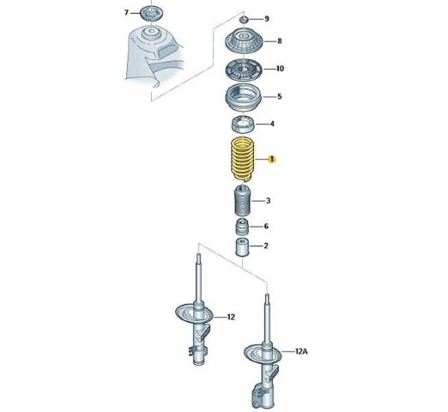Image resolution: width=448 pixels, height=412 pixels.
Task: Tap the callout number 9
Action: pyautogui.click(x=267, y=19)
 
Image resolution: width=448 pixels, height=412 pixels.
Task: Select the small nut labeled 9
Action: pyautogui.click(x=244, y=20)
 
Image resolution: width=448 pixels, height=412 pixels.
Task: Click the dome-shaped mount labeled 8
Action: pyautogui.click(x=244, y=41)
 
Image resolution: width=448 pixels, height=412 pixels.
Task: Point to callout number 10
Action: pyautogui.click(x=280, y=69)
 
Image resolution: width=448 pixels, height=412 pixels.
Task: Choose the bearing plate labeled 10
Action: pyautogui.click(x=244, y=70)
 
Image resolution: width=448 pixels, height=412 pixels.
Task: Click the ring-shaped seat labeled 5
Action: pyautogui.click(x=244, y=98)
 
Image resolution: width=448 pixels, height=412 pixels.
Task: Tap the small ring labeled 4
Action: pyautogui.click(x=243, y=124)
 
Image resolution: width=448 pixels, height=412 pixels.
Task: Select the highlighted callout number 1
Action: pyautogui.click(x=271, y=159)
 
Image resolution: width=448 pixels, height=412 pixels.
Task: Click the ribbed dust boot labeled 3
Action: pyautogui.click(x=243, y=201)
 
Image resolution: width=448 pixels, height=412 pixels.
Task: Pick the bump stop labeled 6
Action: pyautogui.click(x=242, y=227)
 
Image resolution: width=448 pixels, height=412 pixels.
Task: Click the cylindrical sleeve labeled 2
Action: pyautogui.click(x=242, y=247)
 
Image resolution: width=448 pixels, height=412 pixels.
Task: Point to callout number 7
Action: pyautogui.click(x=126, y=13)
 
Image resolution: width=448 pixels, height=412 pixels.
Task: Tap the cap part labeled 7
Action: pyautogui.click(x=152, y=14)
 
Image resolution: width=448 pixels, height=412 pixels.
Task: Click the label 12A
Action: pyautogui.click(x=301, y=351)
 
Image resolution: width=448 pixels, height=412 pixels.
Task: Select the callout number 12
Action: pyautogui.click(x=231, y=317)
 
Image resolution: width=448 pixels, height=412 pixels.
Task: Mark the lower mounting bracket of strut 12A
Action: pyautogui.click(x=259, y=397)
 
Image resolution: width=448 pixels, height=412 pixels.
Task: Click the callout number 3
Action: pyautogui.click(x=268, y=201)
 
